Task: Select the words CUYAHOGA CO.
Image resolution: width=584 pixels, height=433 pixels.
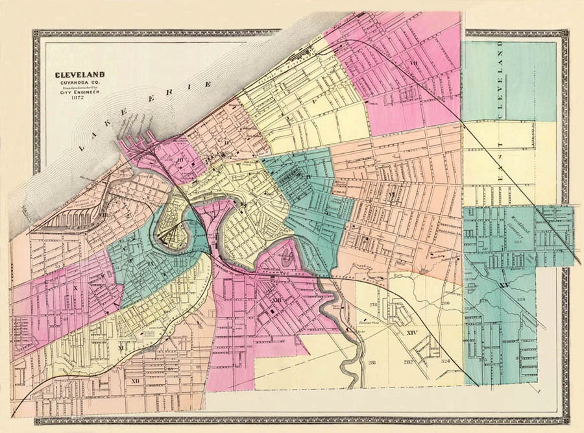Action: point(79,82)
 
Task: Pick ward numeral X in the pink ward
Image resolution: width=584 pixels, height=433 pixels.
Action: point(75,286)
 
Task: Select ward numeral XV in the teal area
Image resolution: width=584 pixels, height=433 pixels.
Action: point(505,285)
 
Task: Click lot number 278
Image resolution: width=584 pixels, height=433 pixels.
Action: point(373,305)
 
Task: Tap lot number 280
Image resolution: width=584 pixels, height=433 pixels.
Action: point(445,303)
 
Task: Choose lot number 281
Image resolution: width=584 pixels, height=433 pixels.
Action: point(372,362)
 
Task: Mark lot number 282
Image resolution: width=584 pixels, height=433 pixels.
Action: point(408,362)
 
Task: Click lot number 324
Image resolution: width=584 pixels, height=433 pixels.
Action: point(445,362)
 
